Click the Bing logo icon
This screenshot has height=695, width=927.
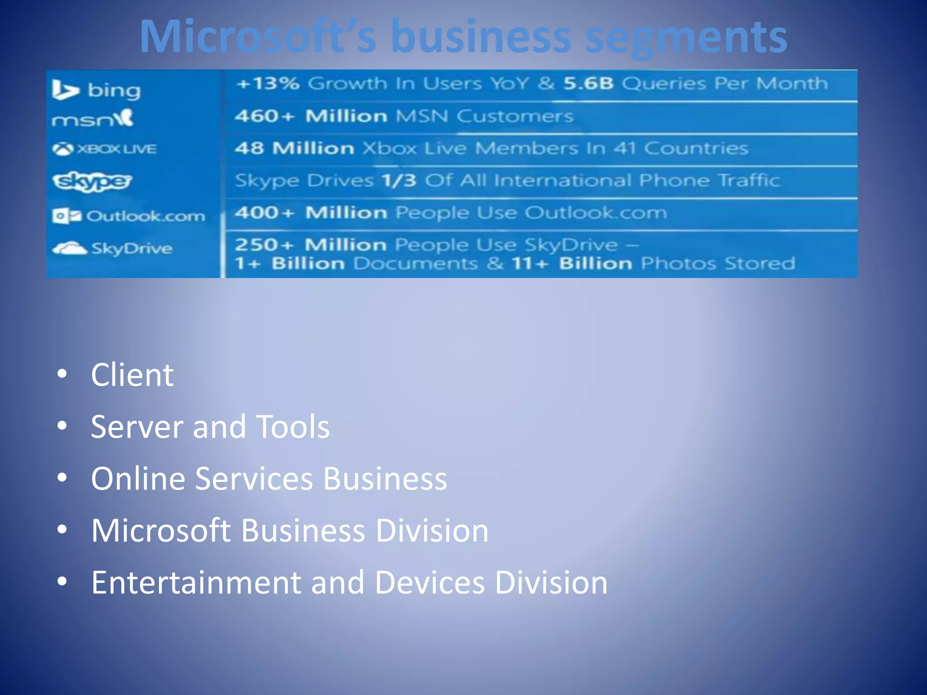pos(65,90)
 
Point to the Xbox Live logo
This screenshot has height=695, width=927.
pos(105,149)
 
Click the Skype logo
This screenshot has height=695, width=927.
pos(92,181)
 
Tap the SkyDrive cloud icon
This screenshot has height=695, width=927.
pos(69,248)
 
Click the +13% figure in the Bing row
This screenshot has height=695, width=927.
pos(268,84)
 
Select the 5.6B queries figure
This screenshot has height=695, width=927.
pos(588,84)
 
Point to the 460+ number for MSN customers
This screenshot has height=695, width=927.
pos(264,116)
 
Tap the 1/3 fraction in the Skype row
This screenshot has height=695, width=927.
pos(399,181)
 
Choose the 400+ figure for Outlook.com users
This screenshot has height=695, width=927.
pos(264,213)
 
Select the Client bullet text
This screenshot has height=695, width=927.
pos(132,375)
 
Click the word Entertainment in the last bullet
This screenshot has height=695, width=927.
pos(196,582)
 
